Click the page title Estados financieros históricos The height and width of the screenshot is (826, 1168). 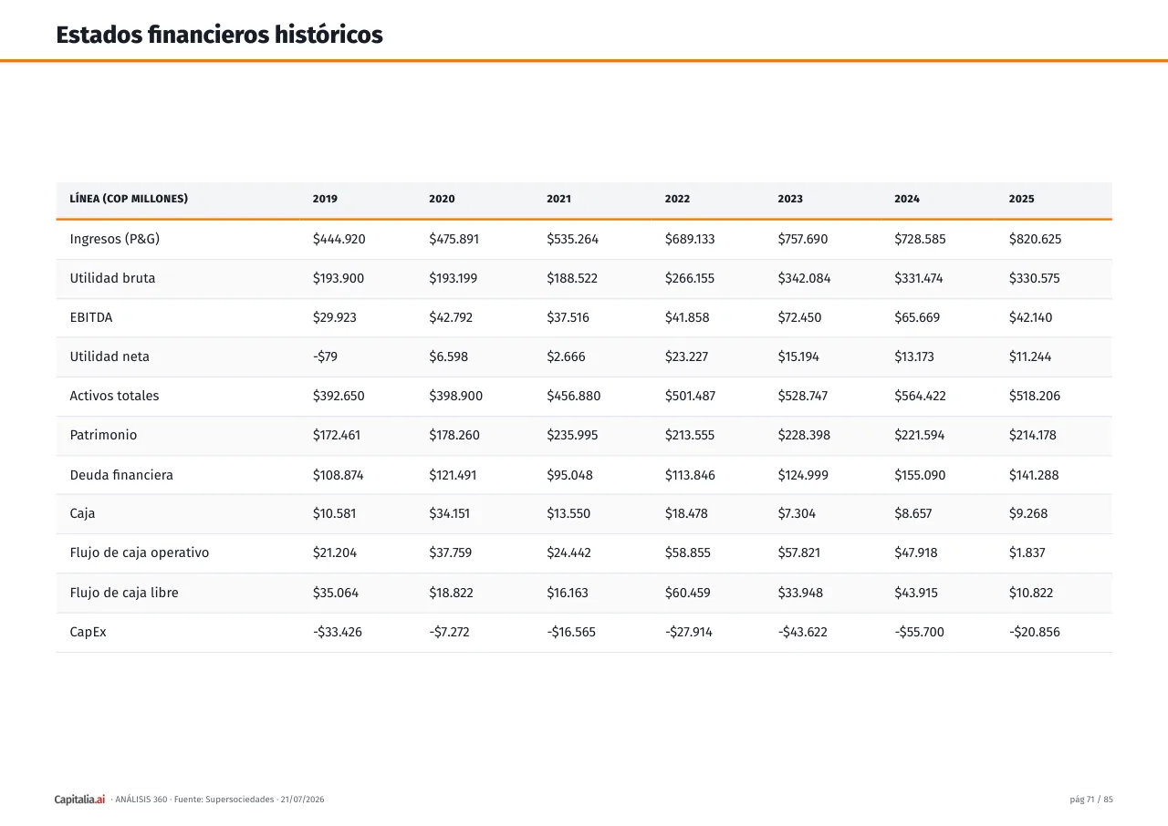pyautogui.click(x=219, y=35)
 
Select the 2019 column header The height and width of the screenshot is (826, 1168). pyautogui.click(x=325, y=199)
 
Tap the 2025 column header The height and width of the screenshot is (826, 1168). pyautogui.click(x=1021, y=199)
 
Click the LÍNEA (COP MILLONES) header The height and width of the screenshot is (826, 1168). pyautogui.click(x=129, y=199)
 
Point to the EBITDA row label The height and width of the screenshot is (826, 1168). pyautogui.click(x=90, y=317)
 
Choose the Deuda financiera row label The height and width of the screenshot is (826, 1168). pyautogui.click(x=121, y=475)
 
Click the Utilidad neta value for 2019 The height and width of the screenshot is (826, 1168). pyautogui.click(x=325, y=356)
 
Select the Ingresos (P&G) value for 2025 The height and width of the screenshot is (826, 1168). pyautogui.click(x=1035, y=239)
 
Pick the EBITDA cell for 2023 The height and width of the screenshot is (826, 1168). pyautogui.click(x=799, y=317)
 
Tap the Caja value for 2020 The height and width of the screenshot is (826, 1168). pyautogui.click(x=449, y=513)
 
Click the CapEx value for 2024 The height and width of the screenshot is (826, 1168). pyautogui.click(x=919, y=632)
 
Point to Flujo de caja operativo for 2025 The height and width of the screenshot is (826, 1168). pyautogui.click(x=1027, y=552)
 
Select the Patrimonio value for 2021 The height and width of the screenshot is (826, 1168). pyautogui.click(x=572, y=435)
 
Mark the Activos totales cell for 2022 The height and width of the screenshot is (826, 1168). pyautogui.click(x=690, y=396)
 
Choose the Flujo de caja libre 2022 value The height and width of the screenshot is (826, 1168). pyautogui.click(x=687, y=593)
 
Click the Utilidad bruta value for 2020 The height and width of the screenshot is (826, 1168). pyautogui.click(x=453, y=278)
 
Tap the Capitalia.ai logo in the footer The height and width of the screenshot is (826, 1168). pyautogui.click(x=79, y=800)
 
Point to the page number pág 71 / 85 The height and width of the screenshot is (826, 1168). pyautogui.click(x=1090, y=800)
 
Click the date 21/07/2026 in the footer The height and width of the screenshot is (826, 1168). pyautogui.click(x=302, y=800)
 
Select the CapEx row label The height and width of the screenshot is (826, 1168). pyautogui.click(x=88, y=632)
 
